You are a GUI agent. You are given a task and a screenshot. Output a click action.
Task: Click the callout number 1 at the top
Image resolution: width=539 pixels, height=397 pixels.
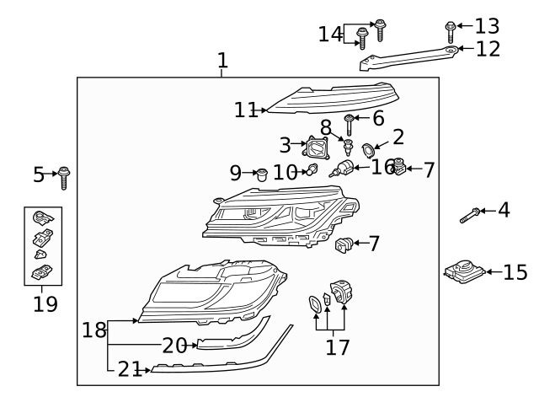[x=222, y=61]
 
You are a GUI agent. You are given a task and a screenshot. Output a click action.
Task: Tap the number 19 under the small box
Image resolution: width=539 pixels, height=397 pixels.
[x=45, y=303]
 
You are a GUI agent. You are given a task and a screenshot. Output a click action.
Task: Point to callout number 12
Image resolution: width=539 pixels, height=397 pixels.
[x=488, y=49]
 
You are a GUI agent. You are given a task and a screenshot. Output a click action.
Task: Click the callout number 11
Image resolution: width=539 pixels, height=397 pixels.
[x=245, y=109]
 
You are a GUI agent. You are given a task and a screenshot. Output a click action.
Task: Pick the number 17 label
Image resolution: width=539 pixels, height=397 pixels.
[x=338, y=346]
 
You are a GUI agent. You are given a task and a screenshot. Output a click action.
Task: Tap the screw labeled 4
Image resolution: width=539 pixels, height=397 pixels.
[x=471, y=215]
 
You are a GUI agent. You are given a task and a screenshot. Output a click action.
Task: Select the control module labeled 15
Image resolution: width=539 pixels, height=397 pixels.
[x=464, y=271]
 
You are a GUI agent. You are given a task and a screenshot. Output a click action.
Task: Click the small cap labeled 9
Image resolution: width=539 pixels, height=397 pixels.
[x=261, y=174]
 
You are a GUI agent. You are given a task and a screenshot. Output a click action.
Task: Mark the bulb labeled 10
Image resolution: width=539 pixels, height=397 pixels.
[x=312, y=171]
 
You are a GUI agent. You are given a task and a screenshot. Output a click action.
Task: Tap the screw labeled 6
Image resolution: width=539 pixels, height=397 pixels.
[x=349, y=126]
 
